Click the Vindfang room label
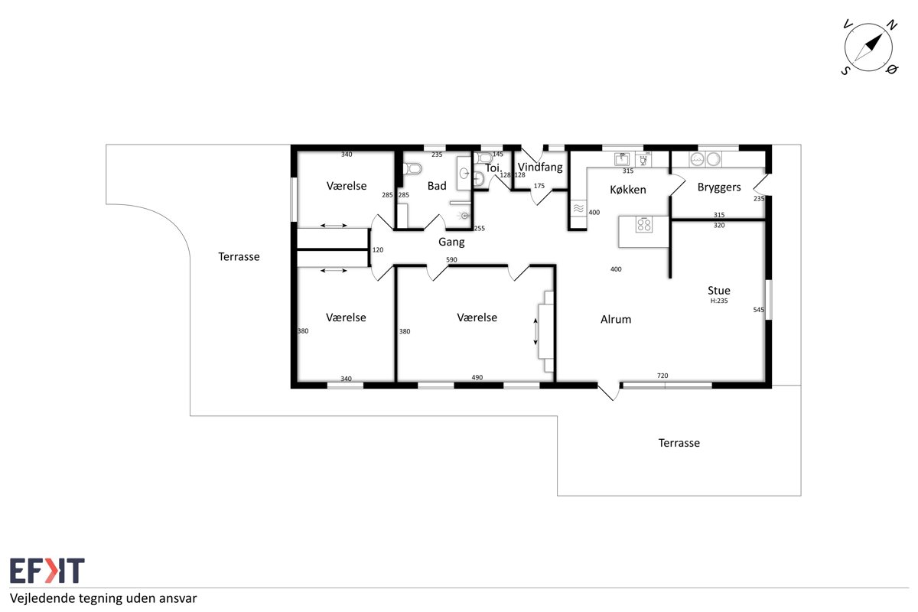(540, 168)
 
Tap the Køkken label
(628, 190)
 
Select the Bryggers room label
(719, 187)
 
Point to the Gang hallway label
(451, 243)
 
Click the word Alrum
(616, 319)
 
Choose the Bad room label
(437, 186)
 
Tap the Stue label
(719, 291)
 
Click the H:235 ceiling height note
(719, 301)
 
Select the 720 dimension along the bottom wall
(662, 376)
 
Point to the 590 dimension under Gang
(451, 259)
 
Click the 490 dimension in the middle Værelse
(477, 378)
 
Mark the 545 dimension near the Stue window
(758, 310)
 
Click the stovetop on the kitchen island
(644, 225)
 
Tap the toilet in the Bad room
(412, 168)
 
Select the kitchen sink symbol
(622, 158)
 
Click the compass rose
(868, 47)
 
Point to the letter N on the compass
(892, 25)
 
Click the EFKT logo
(47, 570)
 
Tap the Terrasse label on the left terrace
(239, 256)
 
